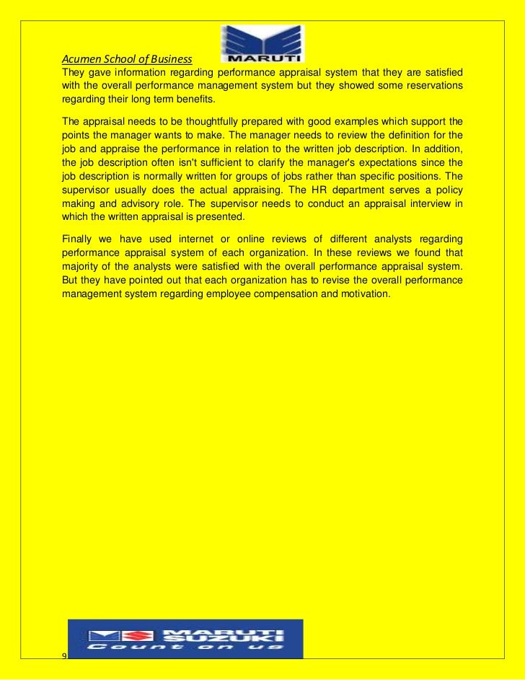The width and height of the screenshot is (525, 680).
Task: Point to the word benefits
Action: tap(193, 99)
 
